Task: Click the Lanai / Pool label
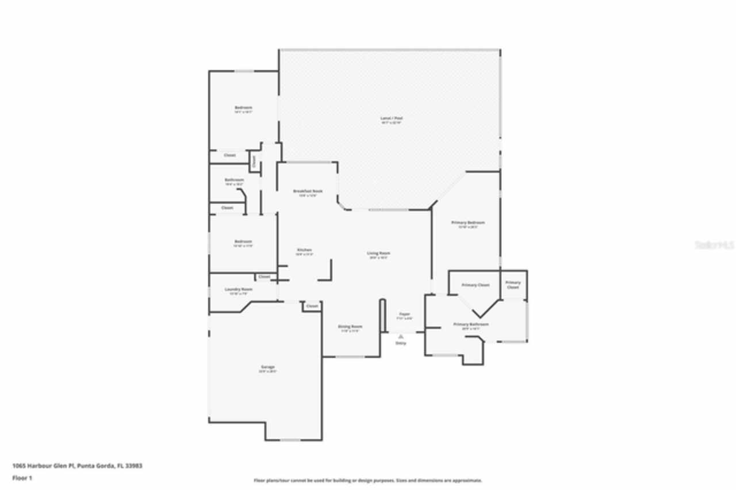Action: [391, 118]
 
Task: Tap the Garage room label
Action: [267, 367]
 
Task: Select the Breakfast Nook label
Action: [308, 191]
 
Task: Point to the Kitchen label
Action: [304, 250]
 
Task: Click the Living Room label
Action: [379, 253]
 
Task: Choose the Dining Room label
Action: [350, 327]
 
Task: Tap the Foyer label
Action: [405, 314]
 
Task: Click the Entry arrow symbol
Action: [401, 336]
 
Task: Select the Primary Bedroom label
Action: [467, 223]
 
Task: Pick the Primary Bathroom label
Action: [471, 324]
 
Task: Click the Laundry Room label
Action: [238, 289]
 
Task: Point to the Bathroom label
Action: [235, 180]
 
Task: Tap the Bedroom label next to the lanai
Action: [243, 108]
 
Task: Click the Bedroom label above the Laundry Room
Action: [243, 242]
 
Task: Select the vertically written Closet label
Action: [254, 162]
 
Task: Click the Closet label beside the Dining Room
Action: [312, 306]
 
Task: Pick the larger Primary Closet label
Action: [476, 285]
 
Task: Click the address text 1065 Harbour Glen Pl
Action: [77, 466]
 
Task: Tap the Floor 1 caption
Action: [22, 478]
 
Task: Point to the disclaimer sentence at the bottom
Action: [368, 480]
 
